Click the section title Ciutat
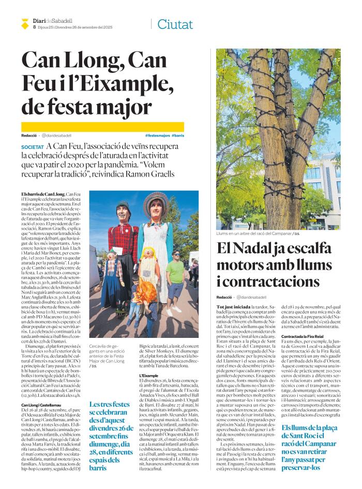(175, 24)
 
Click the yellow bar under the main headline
(102, 126)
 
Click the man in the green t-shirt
(177, 274)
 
